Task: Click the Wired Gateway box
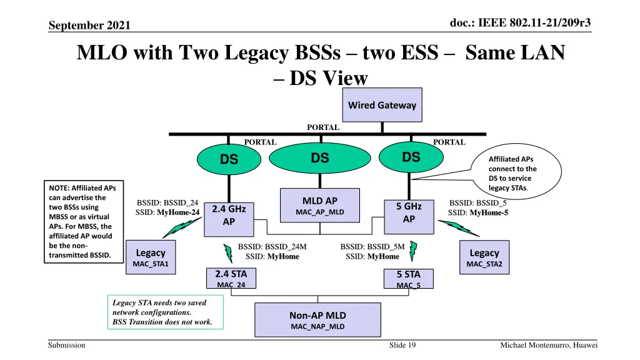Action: (x=382, y=105)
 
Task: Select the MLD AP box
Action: (x=319, y=206)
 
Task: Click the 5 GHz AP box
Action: (x=409, y=212)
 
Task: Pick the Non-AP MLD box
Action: (x=317, y=320)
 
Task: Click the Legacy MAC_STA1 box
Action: (x=151, y=257)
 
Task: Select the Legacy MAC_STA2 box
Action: (x=484, y=257)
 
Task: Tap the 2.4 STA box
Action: (x=231, y=279)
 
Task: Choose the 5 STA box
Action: (x=408, y=279)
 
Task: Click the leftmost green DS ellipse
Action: (x=229, y=160)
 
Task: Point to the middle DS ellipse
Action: (x=319, y=159)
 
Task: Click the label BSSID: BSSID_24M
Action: (x=272, y=247)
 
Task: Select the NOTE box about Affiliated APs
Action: (x=84, y=221)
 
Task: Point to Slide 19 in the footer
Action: (x=402, y=346)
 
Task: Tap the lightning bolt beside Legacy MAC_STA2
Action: (x=464, y=229)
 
